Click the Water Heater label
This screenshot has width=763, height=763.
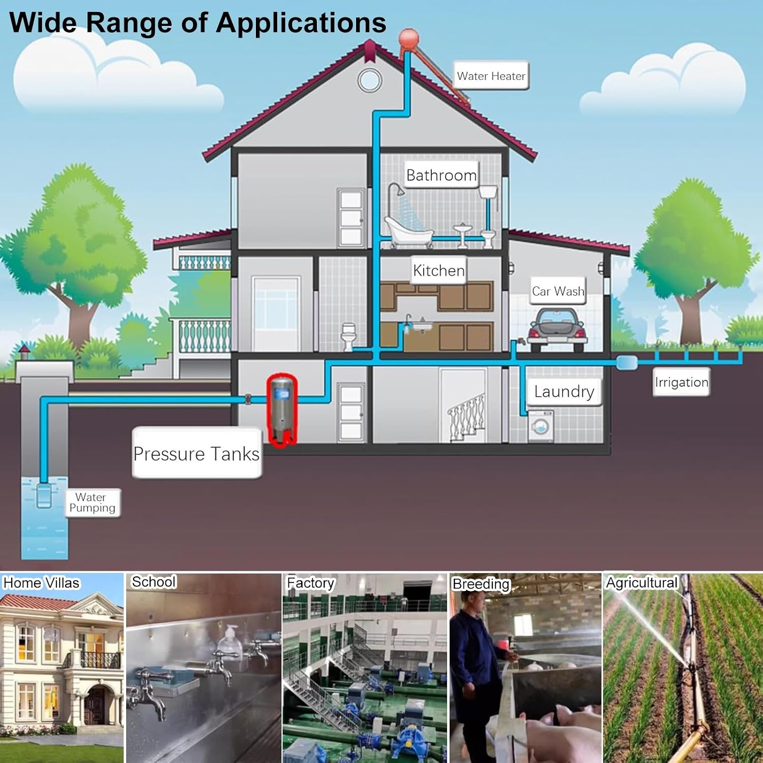point(491,76)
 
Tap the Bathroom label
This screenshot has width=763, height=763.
point(442,175)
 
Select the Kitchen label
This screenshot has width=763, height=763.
point(438,270)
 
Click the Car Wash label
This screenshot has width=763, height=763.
point(558,291)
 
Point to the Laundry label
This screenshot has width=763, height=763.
point(564,391)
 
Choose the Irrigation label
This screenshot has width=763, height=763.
point(681,382)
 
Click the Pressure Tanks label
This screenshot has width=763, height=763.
point(196,453)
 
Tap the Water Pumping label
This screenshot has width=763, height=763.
point(92,503)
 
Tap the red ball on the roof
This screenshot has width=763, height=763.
point(408,39)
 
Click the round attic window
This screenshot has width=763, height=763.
point(369,80)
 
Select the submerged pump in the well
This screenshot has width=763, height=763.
point(44,495)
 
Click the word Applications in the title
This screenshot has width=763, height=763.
point(301,23)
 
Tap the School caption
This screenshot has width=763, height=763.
point(154,581)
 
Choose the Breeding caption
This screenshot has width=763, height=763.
point(481,584)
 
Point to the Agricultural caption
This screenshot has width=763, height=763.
point(642,582)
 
